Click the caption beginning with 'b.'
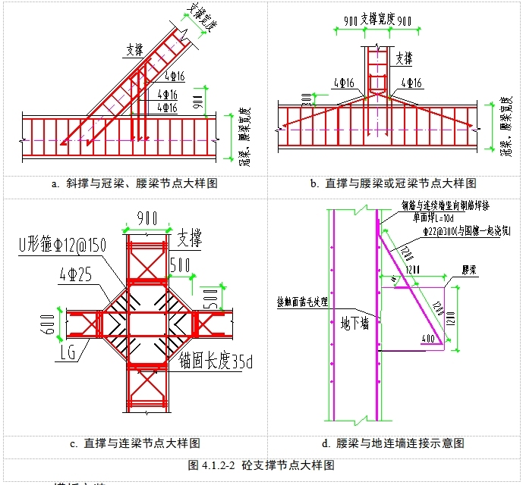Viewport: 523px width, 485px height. [393, 183]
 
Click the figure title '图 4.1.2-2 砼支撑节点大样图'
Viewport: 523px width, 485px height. [262, 465]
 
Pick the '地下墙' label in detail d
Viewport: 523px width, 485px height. [354, 324]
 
